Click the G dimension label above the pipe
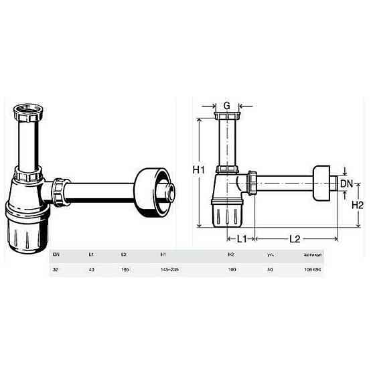(x=226, y=106)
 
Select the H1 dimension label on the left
(x=199, y=171)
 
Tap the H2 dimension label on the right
(x=357, y=206)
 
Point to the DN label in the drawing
(x=347, y=183)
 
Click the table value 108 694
(x=313, y=269)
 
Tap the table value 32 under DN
(x=55, y=269)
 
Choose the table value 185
(x=124, y=269)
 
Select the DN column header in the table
(x=56, y=254)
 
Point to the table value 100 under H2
(x=232, y=269)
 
